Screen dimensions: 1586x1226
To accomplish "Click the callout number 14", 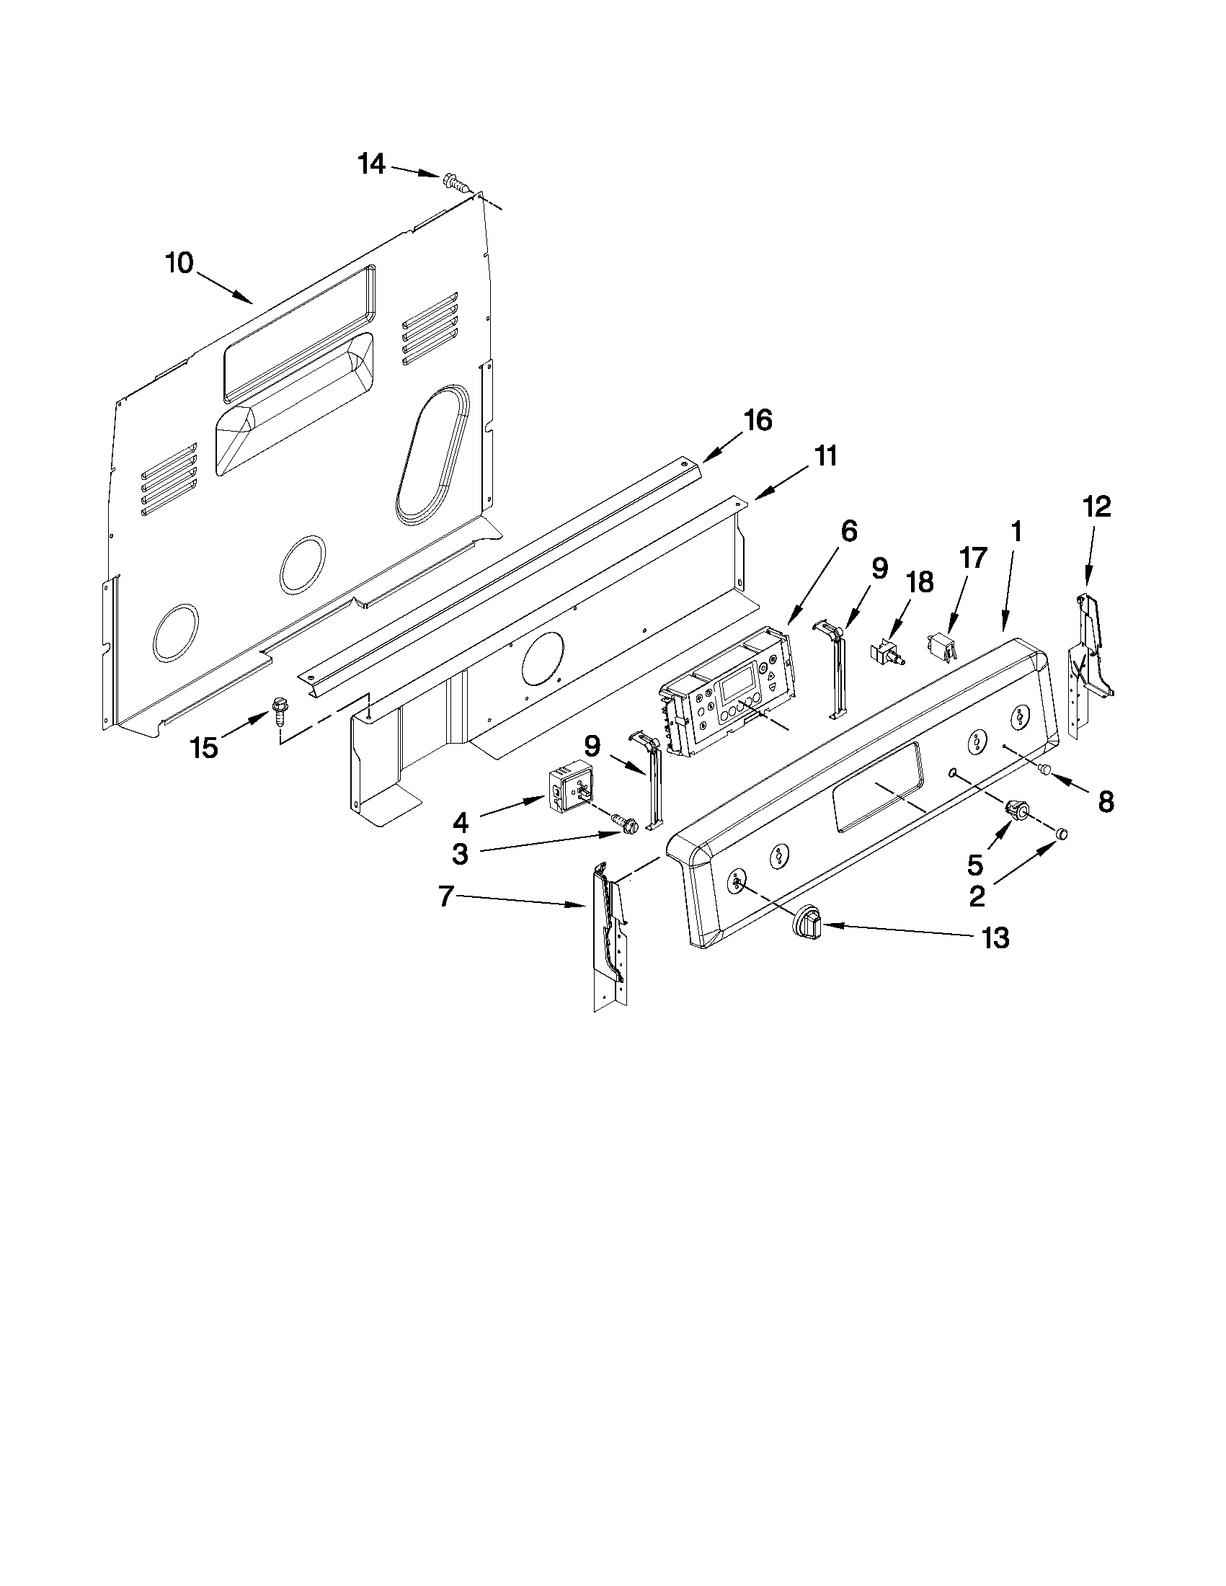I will point(371,164).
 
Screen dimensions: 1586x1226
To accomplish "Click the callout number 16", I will point(757,421).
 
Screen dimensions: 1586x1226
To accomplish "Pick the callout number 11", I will point(825,457).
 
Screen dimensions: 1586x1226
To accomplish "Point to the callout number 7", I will point(446,898).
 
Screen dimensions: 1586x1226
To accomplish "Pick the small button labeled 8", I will point(1047,770).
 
